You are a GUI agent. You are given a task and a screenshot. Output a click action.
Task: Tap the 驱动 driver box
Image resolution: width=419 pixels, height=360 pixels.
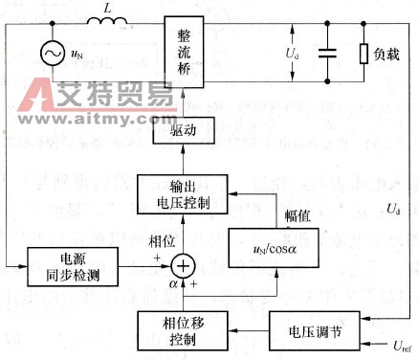click(185, 133)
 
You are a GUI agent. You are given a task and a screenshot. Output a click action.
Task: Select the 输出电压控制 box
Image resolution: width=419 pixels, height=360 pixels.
click(185, 194)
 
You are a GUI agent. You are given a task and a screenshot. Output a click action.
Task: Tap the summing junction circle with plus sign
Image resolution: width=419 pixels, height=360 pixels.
click(184, 262)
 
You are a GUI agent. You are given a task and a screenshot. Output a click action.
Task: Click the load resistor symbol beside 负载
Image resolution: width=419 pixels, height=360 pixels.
click(364, 55)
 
